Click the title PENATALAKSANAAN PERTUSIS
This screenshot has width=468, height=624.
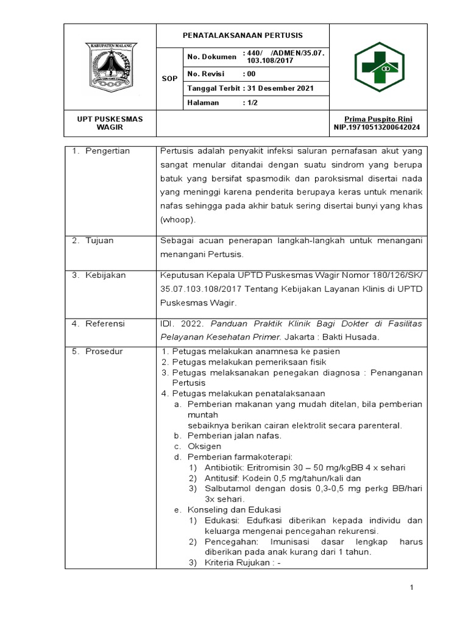pos(243,35)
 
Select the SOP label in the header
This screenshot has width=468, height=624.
pos(169,79)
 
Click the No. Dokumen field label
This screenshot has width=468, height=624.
pos(211,57)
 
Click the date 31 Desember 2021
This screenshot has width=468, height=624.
pos(281,88)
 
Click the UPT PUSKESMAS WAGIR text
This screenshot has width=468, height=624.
pos(110,123)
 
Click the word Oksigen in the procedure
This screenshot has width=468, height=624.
pos(204,446)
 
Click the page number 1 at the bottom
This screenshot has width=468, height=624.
pos(412,587)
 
